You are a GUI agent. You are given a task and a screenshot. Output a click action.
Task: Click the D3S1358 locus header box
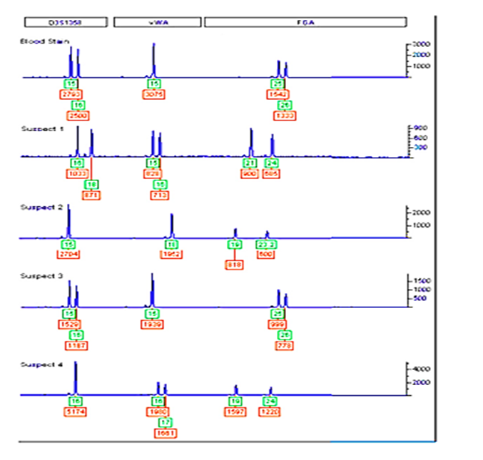click(66, 22)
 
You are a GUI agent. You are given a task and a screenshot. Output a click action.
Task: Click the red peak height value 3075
click(154, 94)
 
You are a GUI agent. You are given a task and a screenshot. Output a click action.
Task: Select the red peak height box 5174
click(76, 412)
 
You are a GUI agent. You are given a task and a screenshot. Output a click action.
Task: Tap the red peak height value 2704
click(68, 253)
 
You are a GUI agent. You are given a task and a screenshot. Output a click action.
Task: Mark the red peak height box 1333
click(284, 115)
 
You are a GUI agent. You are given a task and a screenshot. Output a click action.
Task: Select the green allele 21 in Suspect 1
click(250, 163)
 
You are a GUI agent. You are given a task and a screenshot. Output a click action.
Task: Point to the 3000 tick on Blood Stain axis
click(421, 44)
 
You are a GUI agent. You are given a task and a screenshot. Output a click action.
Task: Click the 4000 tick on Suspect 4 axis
click(421, 369)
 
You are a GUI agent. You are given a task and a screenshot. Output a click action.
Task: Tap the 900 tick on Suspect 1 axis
click(420, 128)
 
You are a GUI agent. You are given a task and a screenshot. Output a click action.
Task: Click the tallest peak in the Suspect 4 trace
click(76, 365)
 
